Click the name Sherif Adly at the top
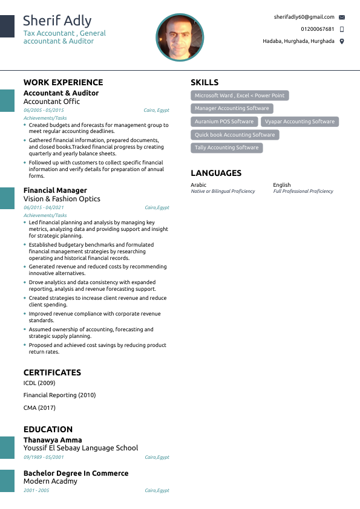coord(57,22)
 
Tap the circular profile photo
coord(180,37)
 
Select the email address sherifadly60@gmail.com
coord(304,17)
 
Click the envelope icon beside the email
coord(342,18)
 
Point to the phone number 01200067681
coord(317,29)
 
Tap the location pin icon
coord(342,41)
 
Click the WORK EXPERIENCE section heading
coord(63,82)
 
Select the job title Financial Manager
coord(55,190)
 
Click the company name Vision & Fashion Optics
coord(62,199)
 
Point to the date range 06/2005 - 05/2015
coord(44,111)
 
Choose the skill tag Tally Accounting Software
coord(226,148)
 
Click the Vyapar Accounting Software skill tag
coord(299,122)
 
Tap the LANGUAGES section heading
coord(216,173)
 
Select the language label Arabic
coord(198,185)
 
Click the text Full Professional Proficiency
coord(303,191)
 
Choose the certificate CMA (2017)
coord(39,408)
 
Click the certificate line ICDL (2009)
coord(39,383)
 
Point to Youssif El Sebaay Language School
coord(80,449)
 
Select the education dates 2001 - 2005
coord(36,490)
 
